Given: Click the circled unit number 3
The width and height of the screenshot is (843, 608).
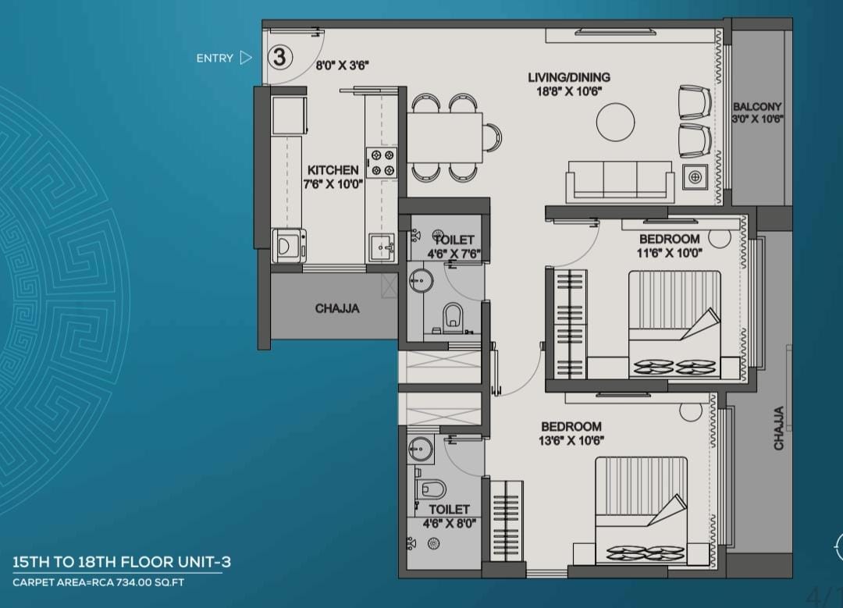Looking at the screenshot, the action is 279,57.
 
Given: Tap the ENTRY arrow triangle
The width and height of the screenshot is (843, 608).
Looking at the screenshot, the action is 246,58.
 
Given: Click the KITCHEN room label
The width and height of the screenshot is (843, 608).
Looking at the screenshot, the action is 333,170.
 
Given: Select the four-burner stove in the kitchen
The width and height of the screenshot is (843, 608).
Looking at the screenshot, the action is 381,163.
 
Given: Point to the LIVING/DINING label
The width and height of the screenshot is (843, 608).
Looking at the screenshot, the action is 569,77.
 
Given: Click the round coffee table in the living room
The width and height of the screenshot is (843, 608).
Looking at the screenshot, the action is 615,122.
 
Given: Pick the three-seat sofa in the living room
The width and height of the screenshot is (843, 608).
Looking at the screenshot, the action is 620,181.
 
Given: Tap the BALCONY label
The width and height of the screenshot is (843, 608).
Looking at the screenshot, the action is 757,106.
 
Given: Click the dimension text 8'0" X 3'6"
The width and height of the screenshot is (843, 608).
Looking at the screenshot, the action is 342,66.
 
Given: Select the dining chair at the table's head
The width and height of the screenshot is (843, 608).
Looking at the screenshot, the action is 492,137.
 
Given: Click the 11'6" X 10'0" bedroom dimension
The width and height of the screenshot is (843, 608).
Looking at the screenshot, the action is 670,253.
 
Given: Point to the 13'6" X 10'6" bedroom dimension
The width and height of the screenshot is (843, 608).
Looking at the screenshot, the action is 571,440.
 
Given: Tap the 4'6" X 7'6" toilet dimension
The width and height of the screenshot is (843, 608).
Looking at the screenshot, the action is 454,254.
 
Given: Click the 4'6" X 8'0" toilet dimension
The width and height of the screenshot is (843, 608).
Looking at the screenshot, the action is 449,523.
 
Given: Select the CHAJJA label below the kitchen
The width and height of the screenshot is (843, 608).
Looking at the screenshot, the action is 337,308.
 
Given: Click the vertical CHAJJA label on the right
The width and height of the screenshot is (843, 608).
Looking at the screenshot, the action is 778,428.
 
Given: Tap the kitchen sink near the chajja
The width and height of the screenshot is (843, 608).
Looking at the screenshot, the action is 382,247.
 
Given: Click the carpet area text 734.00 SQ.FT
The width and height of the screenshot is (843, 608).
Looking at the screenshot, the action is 148,582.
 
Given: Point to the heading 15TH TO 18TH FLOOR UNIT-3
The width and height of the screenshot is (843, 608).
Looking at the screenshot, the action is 122,562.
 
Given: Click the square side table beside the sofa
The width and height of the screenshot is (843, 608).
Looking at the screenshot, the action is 695,177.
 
